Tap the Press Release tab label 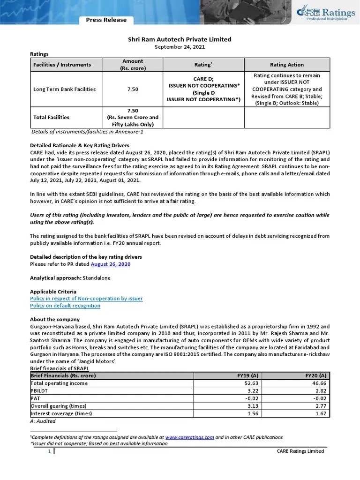[x=106, y=20]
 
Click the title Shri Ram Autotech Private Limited [x=180, y=39]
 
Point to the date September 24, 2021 [x=180, y=47]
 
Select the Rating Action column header [x=287, y=65]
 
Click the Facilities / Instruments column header [x=62, y=65]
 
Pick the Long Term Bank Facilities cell [x=65, y=89]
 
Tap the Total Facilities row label [x=51, y=117]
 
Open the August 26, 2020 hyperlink [x=110, y=264]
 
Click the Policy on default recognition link [x=65, y=306]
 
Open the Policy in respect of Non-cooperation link [x=86, y=299]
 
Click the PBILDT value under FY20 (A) [x=322, y=391]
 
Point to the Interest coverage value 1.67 [x=322, y=413]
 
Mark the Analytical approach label [x=56, y=278]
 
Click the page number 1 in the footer [x=49, y=451]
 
